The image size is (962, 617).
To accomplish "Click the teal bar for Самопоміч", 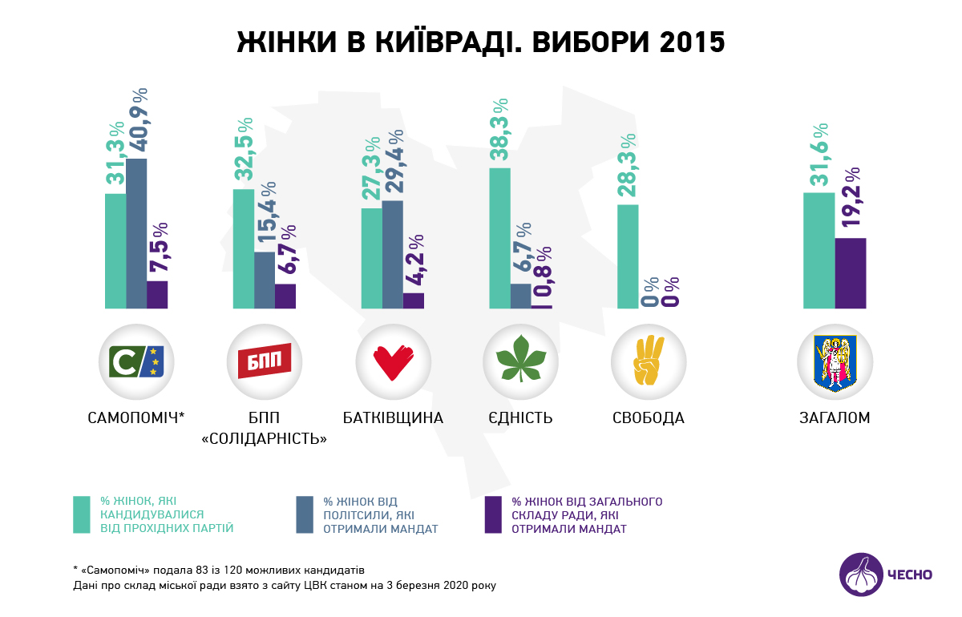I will (115, 251).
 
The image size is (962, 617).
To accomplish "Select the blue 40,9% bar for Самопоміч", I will (136, 233).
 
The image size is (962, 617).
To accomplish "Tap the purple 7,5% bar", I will (157, 294).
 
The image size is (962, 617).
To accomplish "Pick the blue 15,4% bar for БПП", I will (265, 280).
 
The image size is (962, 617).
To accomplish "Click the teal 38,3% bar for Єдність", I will (499, 238).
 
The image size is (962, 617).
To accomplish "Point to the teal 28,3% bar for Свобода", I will (628, 256).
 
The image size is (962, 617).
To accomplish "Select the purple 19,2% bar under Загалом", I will (851, 273).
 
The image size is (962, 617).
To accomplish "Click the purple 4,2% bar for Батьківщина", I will (414, 300).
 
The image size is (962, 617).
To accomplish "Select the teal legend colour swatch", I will (81, 514).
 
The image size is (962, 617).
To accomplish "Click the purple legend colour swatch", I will (493, 514).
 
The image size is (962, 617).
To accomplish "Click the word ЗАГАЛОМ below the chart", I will (835, 418).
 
